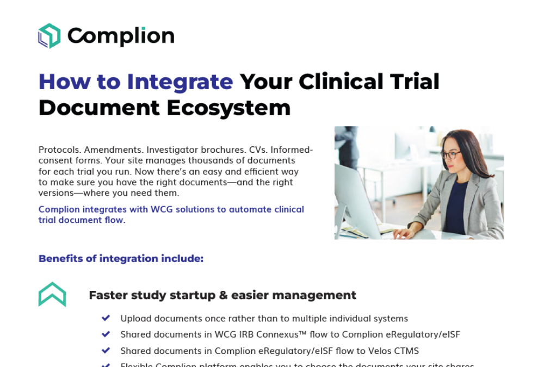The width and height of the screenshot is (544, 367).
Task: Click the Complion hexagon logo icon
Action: tap(49, 36)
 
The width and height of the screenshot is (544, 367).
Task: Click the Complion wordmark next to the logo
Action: tap(121, 36)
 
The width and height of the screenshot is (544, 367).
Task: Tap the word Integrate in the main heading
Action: tap(180, 82)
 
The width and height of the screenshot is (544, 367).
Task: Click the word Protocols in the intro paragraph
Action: tap(59, 150)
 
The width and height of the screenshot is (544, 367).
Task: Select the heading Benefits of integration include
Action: tap(121, 258)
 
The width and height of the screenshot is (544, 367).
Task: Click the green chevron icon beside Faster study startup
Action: tap(52, 294)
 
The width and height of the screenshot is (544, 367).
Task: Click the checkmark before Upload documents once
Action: tap(106, 318)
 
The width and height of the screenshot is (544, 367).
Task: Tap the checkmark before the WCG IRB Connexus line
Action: tap(106, 334)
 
